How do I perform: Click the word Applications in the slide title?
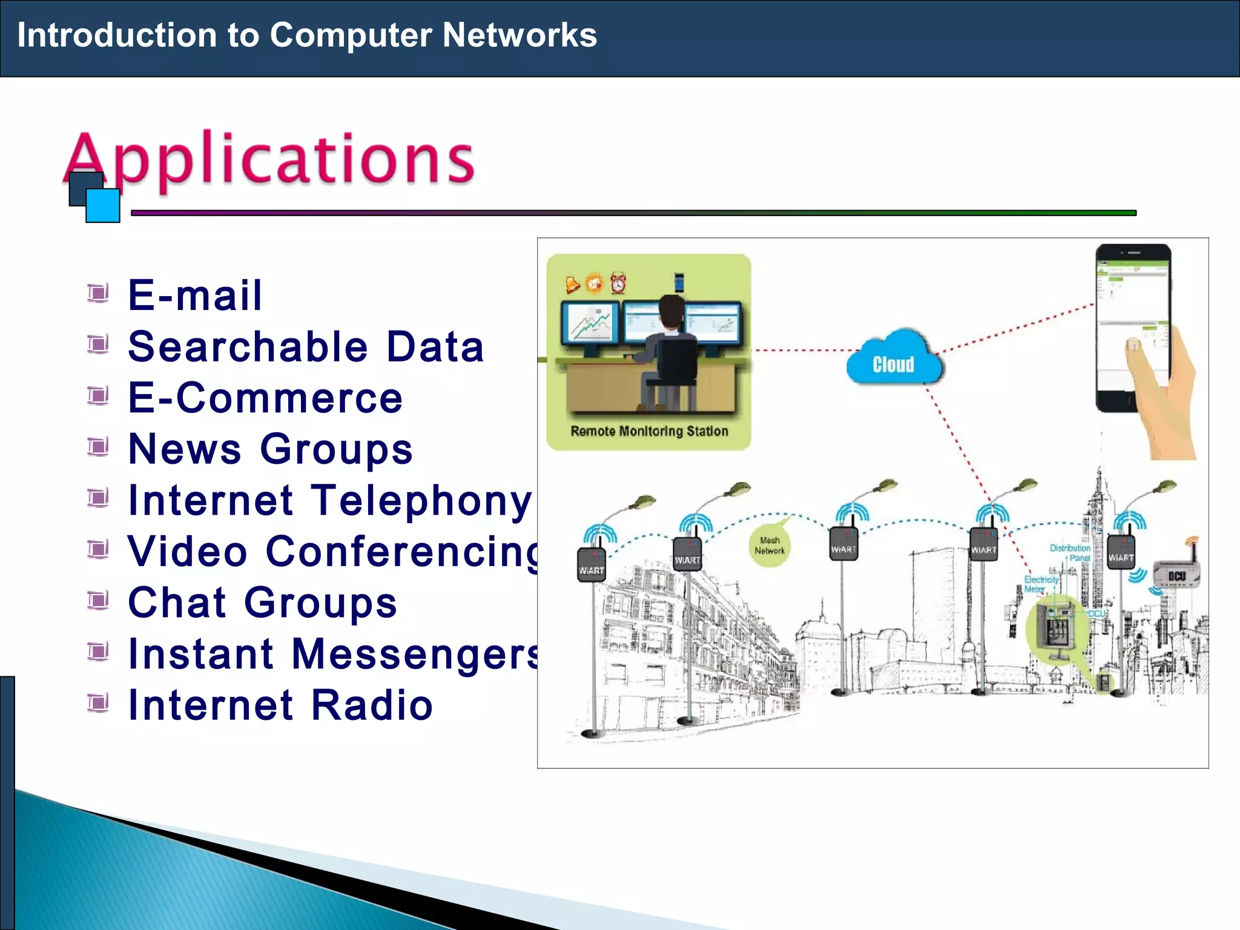(x=269, y=159)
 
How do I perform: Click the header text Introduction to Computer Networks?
(x=307, y=35)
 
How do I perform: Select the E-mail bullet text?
(x=195, y=295)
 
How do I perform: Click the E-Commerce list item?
(x=265, y=398)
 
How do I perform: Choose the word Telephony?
(x=422, y=501)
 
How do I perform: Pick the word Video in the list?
(x=188, y=552)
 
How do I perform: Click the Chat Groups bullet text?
(x=262, y=603)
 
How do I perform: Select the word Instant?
(x=201, y=654)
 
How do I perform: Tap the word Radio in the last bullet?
(x=372, y=705)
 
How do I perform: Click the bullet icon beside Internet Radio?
(x=97, y=703)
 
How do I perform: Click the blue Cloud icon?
(x=894, y=360)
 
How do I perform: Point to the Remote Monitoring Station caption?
(x=649, y=431)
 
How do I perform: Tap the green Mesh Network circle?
(x=769, y=546)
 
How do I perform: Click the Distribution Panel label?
(x=1070, y=552)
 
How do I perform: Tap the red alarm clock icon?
(x=618, y=283)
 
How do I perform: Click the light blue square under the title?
(x=103, y=206)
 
